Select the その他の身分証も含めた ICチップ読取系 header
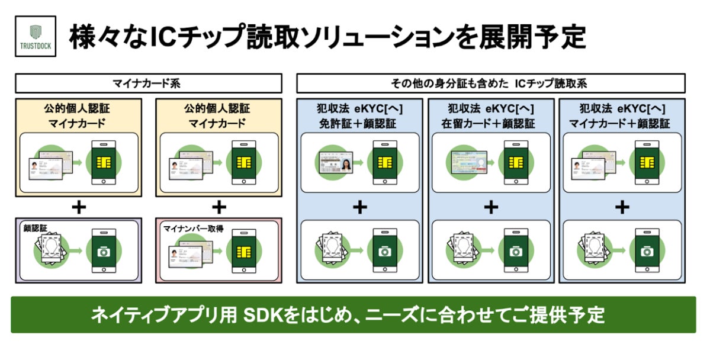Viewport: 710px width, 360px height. pos(490,83)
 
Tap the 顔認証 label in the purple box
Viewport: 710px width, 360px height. pos(35,227)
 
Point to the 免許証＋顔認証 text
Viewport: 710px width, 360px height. pos(360,124)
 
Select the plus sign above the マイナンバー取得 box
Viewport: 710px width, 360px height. pos(220,207)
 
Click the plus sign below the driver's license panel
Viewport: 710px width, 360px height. pos(360,207)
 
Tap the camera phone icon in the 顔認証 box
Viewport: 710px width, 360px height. pos(104,250)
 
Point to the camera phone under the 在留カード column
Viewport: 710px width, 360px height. pos(516,250)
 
